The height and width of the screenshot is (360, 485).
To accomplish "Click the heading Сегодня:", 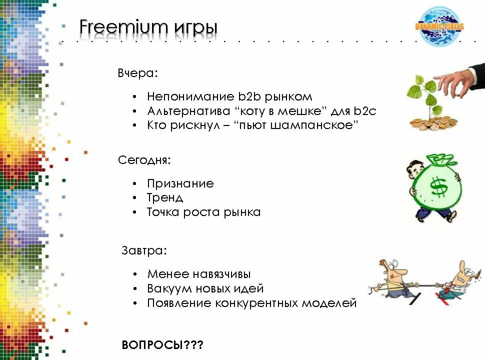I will tap(144, 160).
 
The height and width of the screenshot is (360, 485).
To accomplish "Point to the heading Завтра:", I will tap(144, 250).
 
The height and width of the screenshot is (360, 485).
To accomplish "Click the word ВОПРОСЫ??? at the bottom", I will tap(162, 345).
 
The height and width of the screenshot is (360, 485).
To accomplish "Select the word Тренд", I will tap(165, 198).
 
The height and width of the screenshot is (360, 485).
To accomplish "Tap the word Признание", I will tap(180, 183).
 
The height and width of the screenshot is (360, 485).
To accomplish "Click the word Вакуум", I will tap(169, 288).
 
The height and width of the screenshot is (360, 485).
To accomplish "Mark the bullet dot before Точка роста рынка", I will tap(135, 212).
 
